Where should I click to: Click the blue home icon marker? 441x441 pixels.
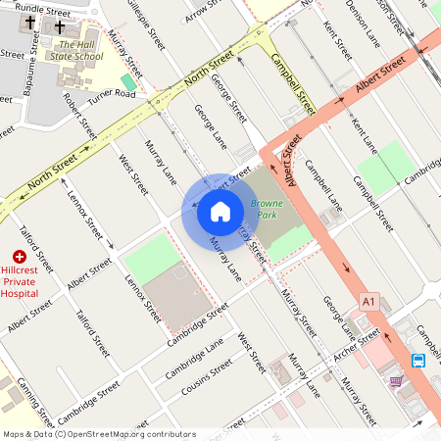pos(220,212)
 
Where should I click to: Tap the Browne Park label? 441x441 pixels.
pos(266,209)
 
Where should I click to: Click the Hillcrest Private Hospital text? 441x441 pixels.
pos(25,280)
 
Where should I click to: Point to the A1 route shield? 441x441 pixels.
pos(368,300)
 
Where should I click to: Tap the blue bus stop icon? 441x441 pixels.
pos(418,361)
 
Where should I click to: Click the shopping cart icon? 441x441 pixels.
pos(396,381)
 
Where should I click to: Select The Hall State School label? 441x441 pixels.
pos(80,50)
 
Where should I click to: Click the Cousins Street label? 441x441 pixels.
pos(208,377)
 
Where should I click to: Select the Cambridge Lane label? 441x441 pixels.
pos(194,359)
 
